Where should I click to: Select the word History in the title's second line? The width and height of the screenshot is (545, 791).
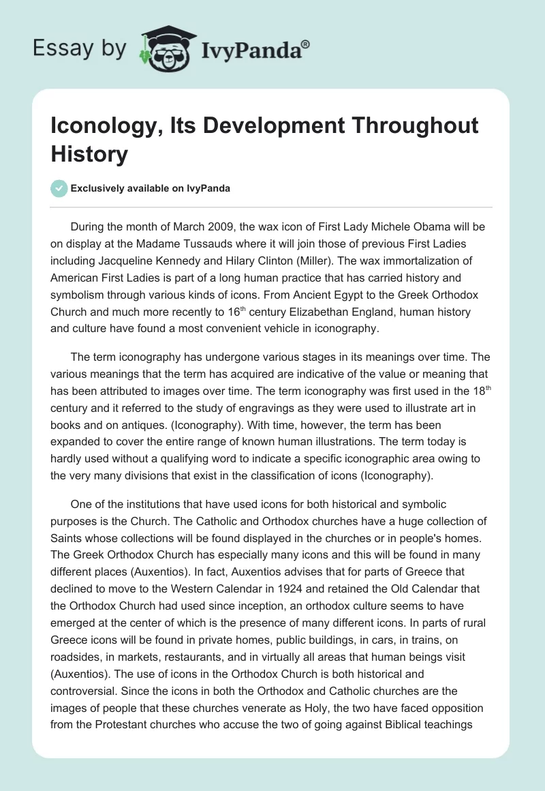[x=89, y=154]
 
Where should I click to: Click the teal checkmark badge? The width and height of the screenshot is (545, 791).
[x=59, y=188]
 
